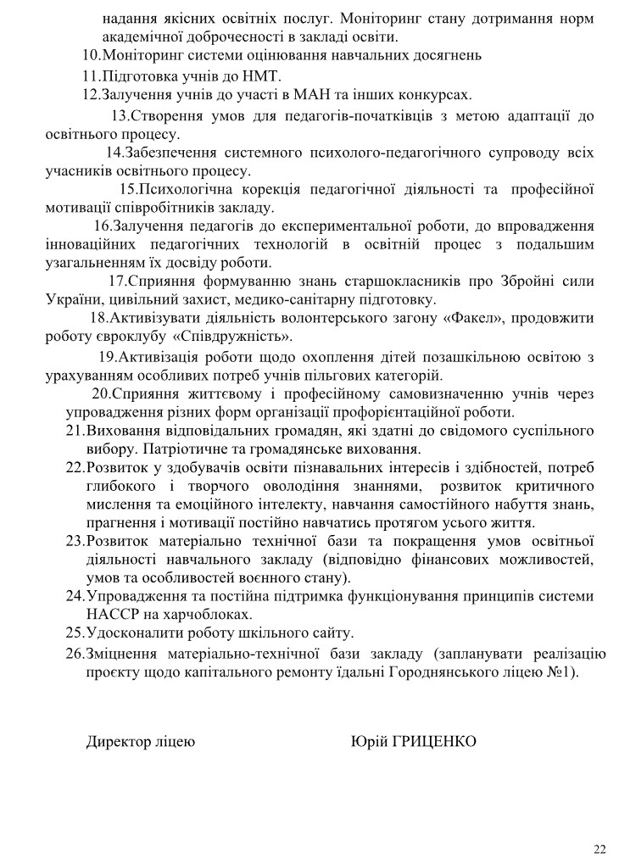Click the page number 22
[x=600, y=849]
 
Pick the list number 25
[x=74, y=633]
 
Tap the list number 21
[x=74, y=431]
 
